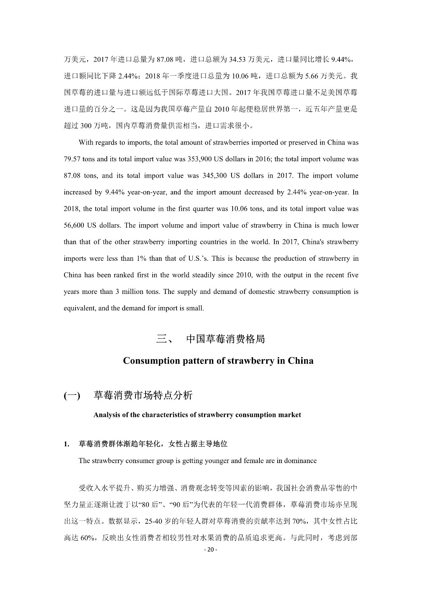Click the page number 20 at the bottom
[x=211, y=550]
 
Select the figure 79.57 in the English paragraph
[x=72, y=159]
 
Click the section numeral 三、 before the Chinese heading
[x=164, y=339]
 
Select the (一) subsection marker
[x=72, y=396]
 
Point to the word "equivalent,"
[x=80, y=308]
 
